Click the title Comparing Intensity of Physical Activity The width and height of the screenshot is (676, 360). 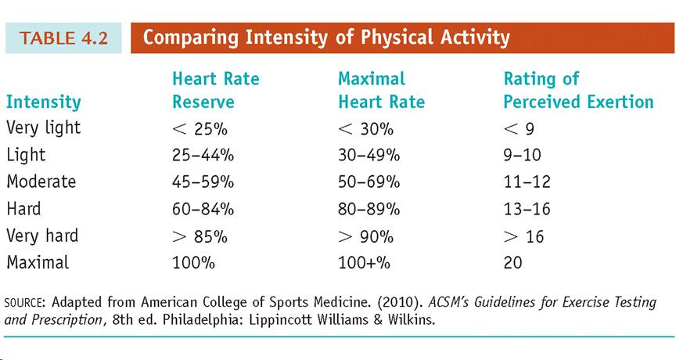pyautogui.click(x=326, y=38)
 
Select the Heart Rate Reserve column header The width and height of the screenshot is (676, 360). pyautogui.click(x=215, y=90)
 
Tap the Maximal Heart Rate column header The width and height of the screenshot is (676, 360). pyautogui.click(x=381, y=90)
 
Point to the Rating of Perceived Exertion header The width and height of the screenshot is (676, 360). pyautogui.click(x=578, y=90)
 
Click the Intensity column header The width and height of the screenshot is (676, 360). pyautogui.click(x=43, y=102)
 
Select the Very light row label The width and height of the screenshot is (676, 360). pyautogui.click(x=43, y=128)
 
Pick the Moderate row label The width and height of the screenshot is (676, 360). pyautogui.click(x=41, y=182)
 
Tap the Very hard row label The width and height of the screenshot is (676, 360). pyautogui.click(x=42, y=236)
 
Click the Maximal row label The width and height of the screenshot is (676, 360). pyautogui.click(x=37, y=262)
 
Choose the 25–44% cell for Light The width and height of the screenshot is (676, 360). pyautogui.click(x=203, y=155)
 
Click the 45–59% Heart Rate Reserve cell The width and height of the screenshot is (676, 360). pyautogui.click(x=203, y=182)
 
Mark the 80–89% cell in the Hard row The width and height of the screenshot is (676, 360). pyautogui.click(x=369, y=209)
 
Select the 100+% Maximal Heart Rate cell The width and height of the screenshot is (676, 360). pyautogui.click(x=364, y=263)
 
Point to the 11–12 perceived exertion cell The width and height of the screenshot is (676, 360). pyautogui.click(x=527, y=182)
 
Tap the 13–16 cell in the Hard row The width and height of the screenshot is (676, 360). pyautogui.click(x=527, y=209)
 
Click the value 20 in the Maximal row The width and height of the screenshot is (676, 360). pyautogui.click(x=512, y=263)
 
